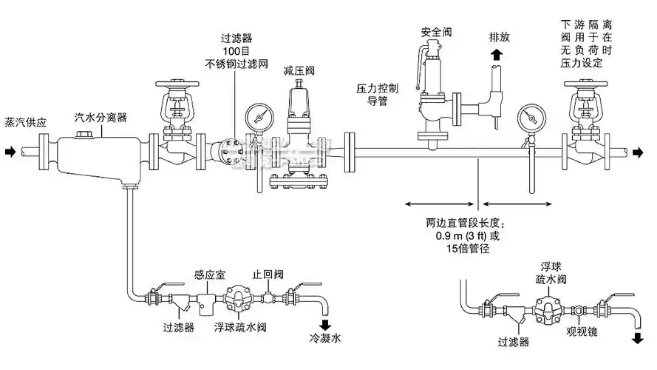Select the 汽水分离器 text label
101,118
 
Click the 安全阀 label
436,33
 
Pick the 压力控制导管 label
378,94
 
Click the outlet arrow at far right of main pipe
638,152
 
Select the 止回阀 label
266,274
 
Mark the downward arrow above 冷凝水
324,326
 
